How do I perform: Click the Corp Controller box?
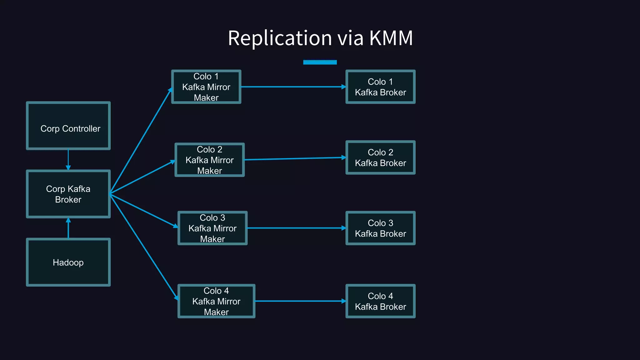[68, 126]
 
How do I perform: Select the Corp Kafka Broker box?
[68, 194]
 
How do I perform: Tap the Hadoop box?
[68, 262]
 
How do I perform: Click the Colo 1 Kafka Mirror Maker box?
[206, 87]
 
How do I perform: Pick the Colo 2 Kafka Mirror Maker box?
[209, 160]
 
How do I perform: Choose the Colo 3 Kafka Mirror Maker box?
[212, 228]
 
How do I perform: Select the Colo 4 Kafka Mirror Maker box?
[216, 301]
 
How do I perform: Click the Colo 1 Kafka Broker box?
[380, 87]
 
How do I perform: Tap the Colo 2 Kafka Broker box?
[380, 157]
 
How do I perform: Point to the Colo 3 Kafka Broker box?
[380, 228]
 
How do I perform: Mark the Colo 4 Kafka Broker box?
[380, 301]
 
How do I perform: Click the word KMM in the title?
[391, 38]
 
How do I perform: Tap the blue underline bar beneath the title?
[320, 62]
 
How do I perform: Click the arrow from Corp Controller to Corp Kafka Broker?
[68, 160]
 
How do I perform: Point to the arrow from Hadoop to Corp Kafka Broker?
[68, 228]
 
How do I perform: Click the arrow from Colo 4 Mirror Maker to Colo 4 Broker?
[300, 301]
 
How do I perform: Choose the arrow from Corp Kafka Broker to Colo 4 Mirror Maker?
[144, 247]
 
